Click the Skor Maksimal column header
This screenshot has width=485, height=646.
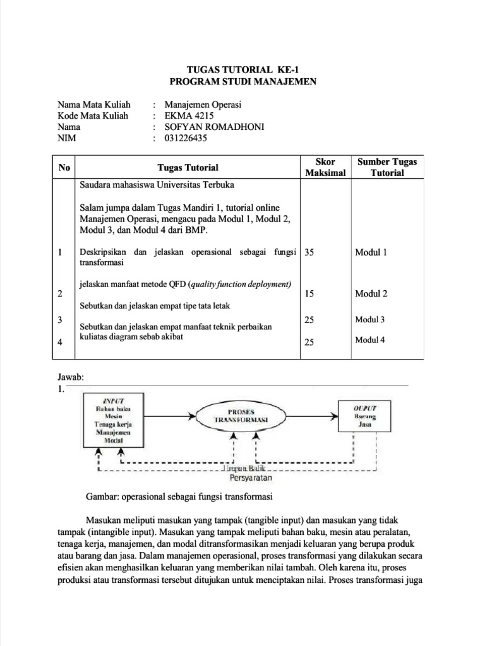[325, 167]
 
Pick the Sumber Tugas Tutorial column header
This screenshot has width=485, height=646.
[387, 167]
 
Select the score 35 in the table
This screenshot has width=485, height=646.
[309, 252]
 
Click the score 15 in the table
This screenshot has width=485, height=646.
[309, 294]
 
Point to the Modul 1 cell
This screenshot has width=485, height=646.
[371, 252]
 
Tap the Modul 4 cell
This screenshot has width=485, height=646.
[370, 340]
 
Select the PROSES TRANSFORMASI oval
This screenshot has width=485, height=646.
[241, 415]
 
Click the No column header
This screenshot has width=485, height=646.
[64, 167]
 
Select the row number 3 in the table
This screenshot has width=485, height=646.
[59, 320]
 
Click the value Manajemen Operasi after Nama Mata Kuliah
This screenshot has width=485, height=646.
[203, 104]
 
